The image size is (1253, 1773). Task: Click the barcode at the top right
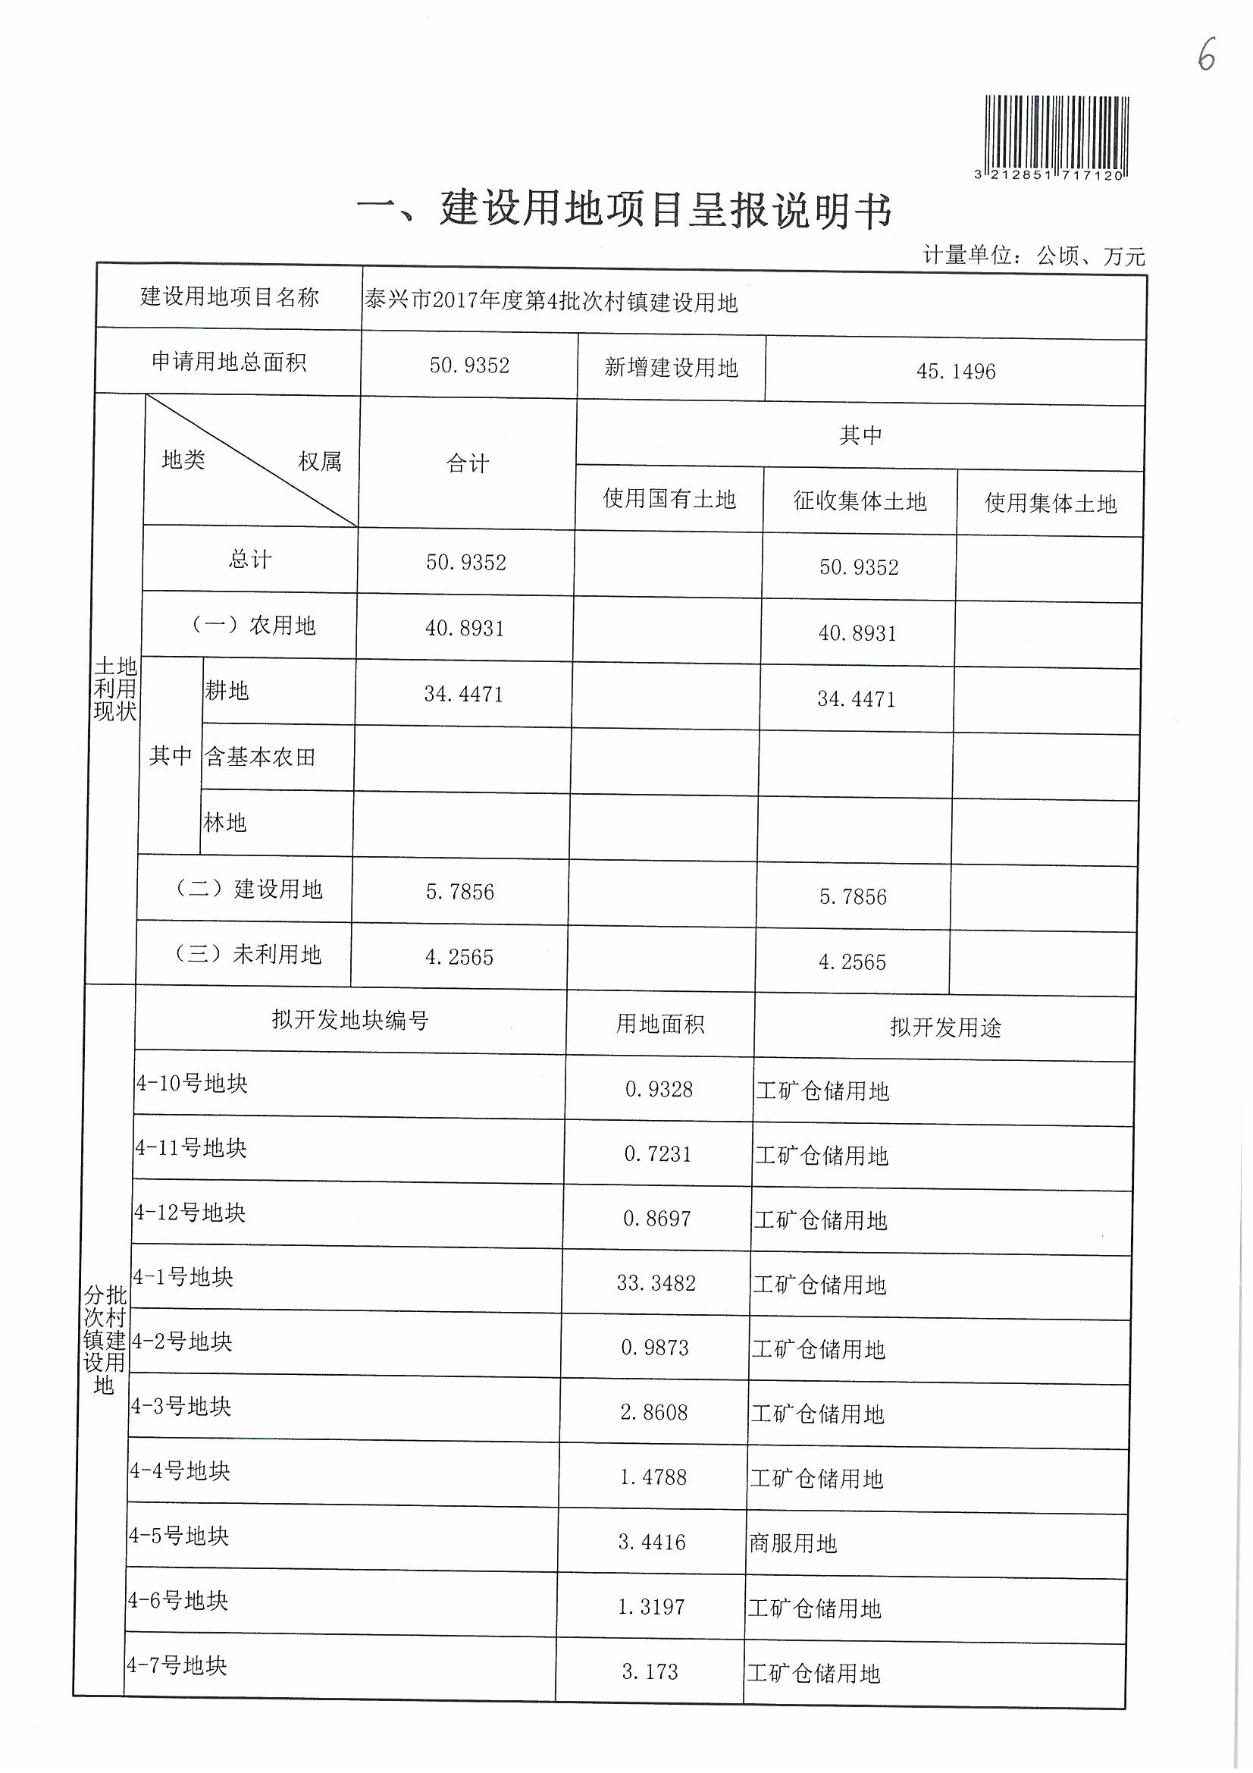(x=1056, y=132)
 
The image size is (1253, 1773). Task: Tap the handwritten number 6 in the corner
(x=1206, y=54)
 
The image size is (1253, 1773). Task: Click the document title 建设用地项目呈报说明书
(x=666, y=210)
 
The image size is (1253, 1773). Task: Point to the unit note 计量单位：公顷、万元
(x=1034, y=256)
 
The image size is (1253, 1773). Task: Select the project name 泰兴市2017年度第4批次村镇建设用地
(x=551, y=302)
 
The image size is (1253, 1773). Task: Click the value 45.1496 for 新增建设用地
(x=956, y=372)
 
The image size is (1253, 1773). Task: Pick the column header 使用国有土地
(x=669, y=500)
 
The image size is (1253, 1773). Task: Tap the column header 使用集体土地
(x=1050, y=504)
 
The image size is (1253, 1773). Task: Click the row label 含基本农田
(x=260, y=757)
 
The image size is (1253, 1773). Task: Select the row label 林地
(x=224, y=822)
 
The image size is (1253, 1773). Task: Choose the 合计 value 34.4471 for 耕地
(x=463, y=694)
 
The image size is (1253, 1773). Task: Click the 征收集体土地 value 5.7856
(x=853, y=896)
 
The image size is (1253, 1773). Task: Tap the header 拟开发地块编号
(x=349, y=1020)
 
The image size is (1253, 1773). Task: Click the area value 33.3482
(x=656, y=1283)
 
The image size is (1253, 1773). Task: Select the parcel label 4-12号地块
(x=190, y=1213)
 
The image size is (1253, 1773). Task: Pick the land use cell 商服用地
(x=793, y=1544)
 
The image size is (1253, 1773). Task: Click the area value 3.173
(x=650, y=1672)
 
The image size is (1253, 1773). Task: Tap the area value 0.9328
(x=659, y=1090)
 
